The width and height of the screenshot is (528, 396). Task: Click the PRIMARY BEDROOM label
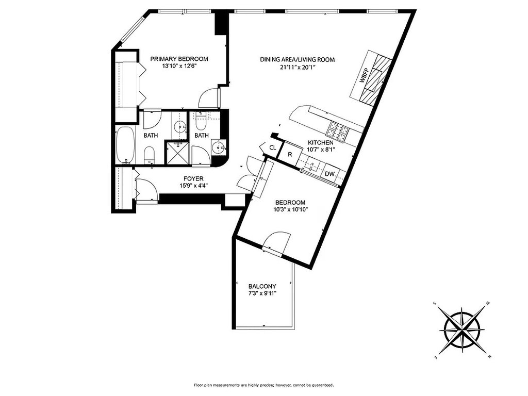179,59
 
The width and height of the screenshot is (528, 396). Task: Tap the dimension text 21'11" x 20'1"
298,67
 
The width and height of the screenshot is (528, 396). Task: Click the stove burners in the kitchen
339,131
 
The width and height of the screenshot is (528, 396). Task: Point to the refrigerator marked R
290,155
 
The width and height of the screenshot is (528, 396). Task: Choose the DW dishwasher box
329,174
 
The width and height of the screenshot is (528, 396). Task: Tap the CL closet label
272,147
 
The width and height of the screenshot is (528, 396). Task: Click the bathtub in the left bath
125,145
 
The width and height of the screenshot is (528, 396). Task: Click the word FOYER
193,178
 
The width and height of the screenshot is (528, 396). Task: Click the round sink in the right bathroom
219,147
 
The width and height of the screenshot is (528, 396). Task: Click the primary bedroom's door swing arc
209,97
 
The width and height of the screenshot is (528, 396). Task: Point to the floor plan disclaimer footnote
263,385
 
